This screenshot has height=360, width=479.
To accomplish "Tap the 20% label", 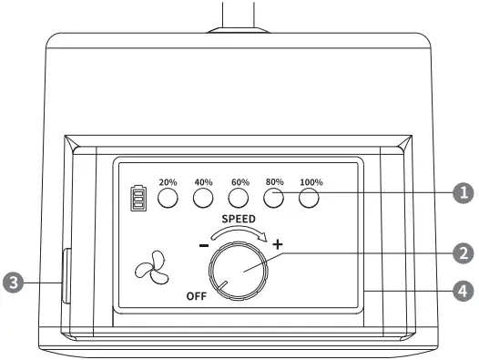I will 168,181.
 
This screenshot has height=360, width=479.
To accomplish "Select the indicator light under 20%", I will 168,197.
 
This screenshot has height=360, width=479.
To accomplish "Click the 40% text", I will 203,181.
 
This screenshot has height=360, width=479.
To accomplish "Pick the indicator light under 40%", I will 203,197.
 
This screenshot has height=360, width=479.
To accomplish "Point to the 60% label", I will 239,181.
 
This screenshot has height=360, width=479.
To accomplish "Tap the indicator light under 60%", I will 239,197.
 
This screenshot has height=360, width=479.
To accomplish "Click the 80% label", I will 274,181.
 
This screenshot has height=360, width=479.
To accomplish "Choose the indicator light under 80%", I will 274,197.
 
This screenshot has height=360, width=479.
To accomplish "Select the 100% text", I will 311,181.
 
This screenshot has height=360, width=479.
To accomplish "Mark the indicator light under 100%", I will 311,197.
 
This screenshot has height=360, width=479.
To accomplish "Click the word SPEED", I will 239,220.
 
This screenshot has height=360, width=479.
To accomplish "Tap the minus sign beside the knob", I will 203,246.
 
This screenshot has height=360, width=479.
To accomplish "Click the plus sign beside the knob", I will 278,244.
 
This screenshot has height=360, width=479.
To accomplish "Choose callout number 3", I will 14,282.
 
